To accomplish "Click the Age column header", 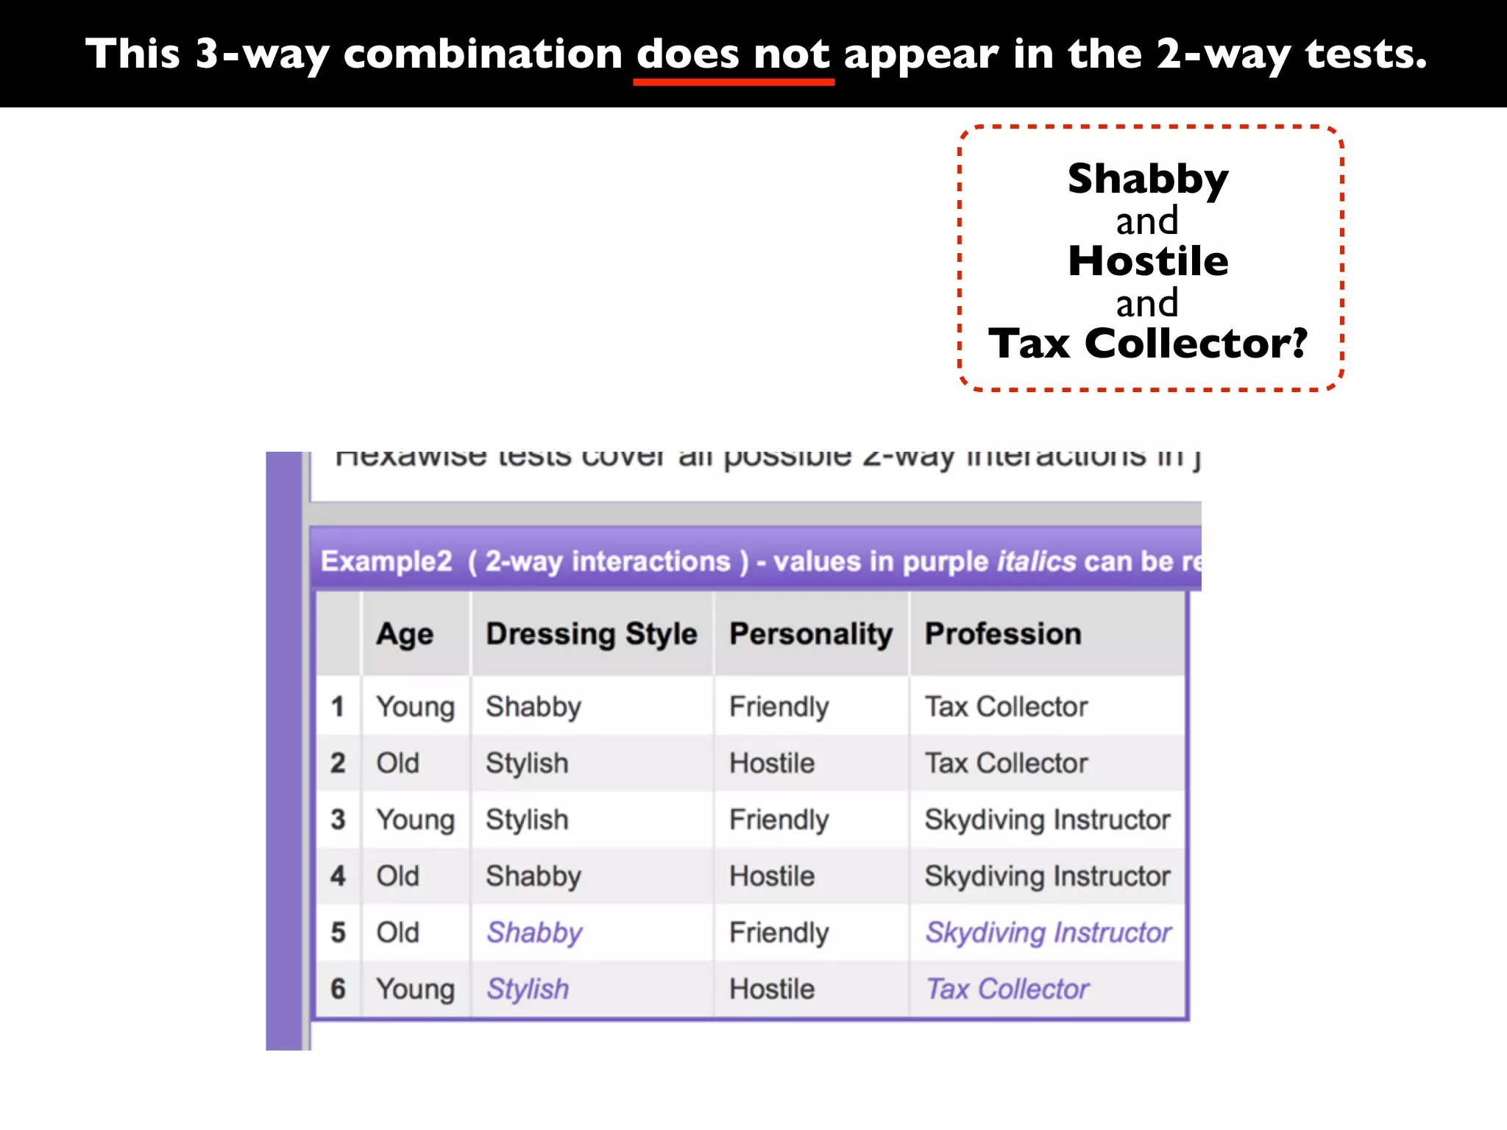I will (405, 634).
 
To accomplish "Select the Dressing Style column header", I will (591, 634).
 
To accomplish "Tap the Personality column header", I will (810, 634).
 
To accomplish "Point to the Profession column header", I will (1003, 634).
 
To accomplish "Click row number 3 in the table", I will (338, 820).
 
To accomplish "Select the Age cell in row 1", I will (415, 707).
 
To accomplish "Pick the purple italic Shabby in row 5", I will (534, 933).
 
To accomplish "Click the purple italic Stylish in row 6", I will (528, 989).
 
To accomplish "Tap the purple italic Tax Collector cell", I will (1007, 989).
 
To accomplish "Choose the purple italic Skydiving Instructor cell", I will (1048, 933).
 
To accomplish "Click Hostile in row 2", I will (772, 764).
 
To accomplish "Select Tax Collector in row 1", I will (1006, 707).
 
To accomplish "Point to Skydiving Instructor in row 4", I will (1047, 876).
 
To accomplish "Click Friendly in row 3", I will (779, 820).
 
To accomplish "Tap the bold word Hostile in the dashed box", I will (1148, 261).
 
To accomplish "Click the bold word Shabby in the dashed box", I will (1148, 179).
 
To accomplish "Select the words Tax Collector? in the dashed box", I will (1148, 344).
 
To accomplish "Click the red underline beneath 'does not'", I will (734, 82).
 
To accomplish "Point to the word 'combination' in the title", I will (483, 54).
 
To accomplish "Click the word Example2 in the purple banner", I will (386, 561).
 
